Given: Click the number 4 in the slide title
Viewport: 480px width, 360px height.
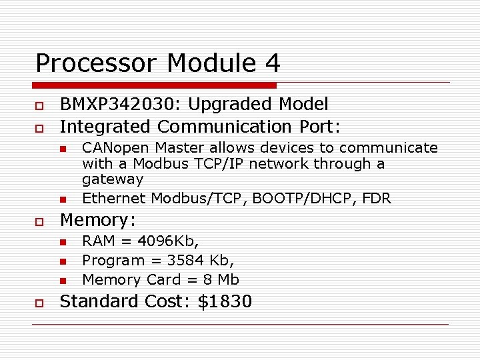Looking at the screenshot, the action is click(x=272, y=63).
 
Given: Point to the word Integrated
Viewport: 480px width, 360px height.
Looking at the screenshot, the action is click(x=105, y=126).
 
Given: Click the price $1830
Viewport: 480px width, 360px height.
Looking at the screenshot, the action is click(x=225, y=301).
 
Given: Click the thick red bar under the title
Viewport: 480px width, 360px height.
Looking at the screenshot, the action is click(x=154, y=85).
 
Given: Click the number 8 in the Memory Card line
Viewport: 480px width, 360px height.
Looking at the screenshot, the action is click(x=209, y=279).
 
